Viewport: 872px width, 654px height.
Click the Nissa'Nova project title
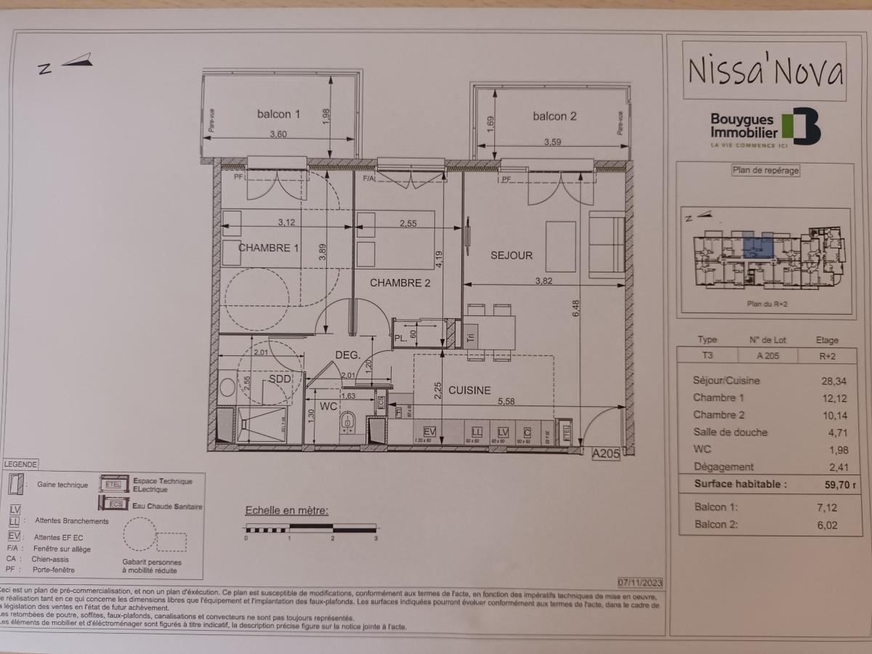pyautogui.click(x=764, y=71)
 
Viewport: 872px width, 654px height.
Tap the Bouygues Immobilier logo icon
pyautogui.click(x=802, y=126)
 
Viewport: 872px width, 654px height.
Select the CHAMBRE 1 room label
pyautogui.click(x=268, y=248)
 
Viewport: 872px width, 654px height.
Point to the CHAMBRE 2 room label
pyautogui.click(x=400, y=283)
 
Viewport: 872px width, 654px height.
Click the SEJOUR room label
pyautogui.click(x=512, y=255)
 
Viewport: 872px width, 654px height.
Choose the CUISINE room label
pyautogui.click(x=469, y=390)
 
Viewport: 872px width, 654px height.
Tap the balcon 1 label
pyautogui.click(x=278, y=114)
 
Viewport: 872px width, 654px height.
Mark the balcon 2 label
pyautogui.click(x=554, y=116)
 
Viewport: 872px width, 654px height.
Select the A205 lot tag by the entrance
pyautogui.click(x=605, y=453)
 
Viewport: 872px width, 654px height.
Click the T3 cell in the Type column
pyautogui.click(x=706, y=356)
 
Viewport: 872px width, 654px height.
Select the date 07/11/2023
pyautogui.click(x=639, y=582)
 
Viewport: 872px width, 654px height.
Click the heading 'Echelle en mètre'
pyautogui.click(x=286, y=510)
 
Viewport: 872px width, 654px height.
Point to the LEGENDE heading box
pyautogui.click(x=20, y=464)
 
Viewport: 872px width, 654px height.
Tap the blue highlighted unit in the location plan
pyautogui.click(x=757, y=248)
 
